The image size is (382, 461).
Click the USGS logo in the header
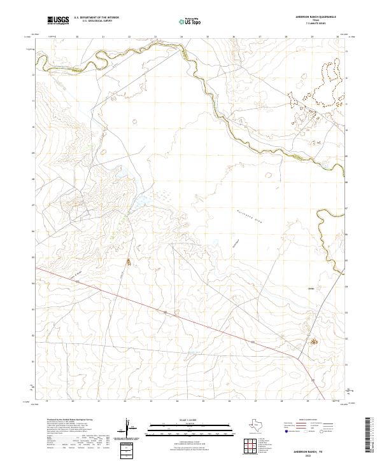click(58, 20)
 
